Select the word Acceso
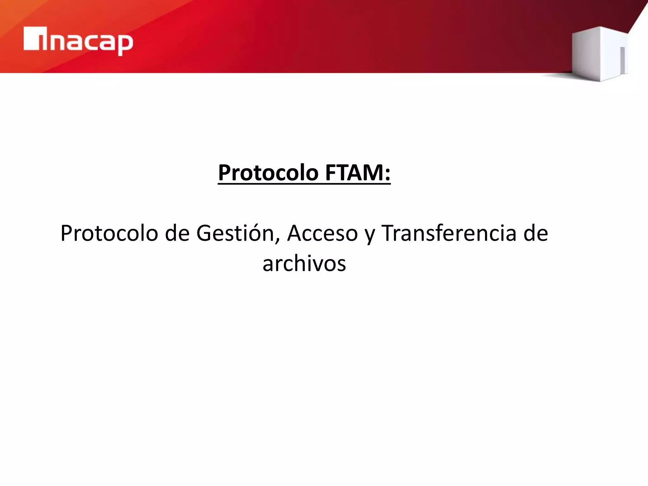[x=322, y=234]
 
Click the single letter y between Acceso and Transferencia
[x=370, y=236]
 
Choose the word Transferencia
[x=449, y=234]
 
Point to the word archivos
[x=304, y=264]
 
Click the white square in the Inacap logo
[x=31, y=39]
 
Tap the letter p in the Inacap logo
[x=124, y=44]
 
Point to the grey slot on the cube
[x=622, y=60]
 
